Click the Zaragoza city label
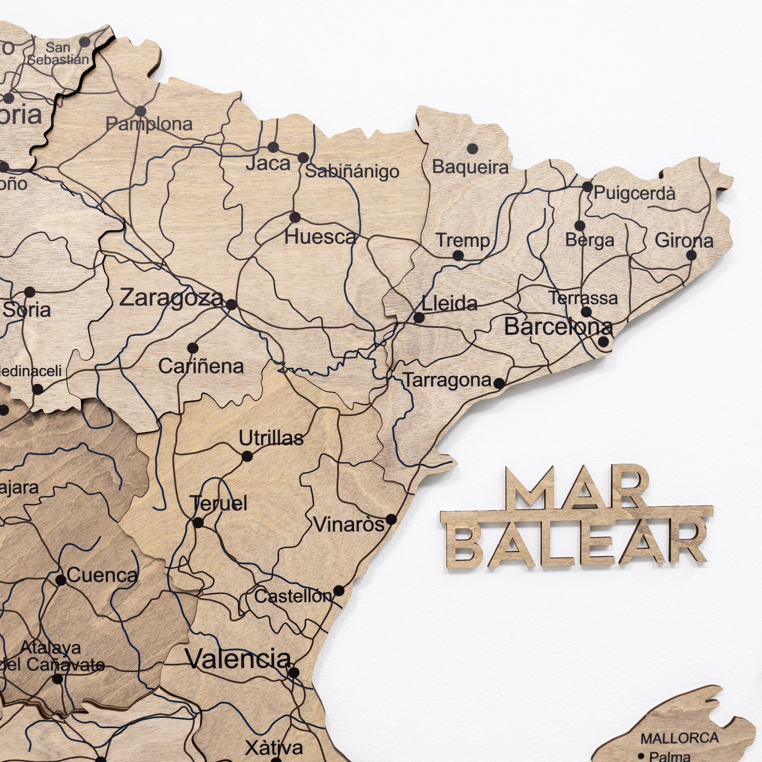pos(171,298)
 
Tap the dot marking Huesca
pos(295,217)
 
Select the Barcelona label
pos(559,327)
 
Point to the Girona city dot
pos(691,255)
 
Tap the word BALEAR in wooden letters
pos(576,544)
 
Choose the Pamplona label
pos(149,124)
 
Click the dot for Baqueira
pos(472,149)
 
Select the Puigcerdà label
pos(634,193)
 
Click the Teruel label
pos(219,504)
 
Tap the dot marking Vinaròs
pos(391,519)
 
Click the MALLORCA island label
pos(679,738)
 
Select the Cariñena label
pos(201,367)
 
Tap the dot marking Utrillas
pos(247,456)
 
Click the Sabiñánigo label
pos(352,171)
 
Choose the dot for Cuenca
pos(61,580)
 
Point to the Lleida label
pos(449,304)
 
